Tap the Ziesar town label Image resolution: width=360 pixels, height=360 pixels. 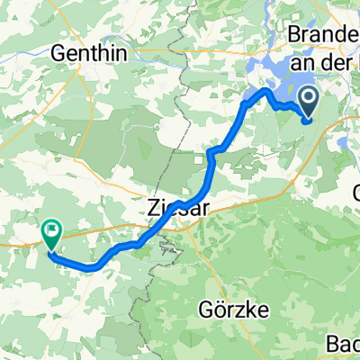[x=170, y=208]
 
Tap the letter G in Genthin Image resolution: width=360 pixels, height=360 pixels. [x=60, y=52]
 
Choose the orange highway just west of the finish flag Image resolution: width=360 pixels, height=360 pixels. [x=22, y=240]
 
